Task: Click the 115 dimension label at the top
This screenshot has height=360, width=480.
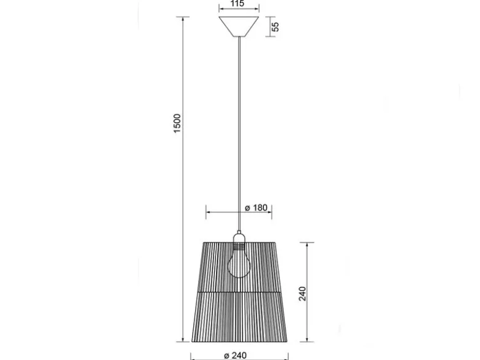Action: coord(238,3)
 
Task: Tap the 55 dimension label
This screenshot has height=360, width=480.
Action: coord(276,26)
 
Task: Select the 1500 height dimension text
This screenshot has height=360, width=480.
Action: coord(177,123)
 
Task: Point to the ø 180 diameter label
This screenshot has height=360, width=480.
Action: coord(256,208)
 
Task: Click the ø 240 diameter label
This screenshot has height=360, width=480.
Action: coord(235,356)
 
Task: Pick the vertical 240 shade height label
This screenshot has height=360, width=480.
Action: coord(302,294)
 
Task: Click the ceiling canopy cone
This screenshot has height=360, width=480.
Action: coord(239,26)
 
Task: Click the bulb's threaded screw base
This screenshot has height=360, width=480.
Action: coord(239,245)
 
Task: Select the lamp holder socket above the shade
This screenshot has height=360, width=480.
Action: coord(239,238)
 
